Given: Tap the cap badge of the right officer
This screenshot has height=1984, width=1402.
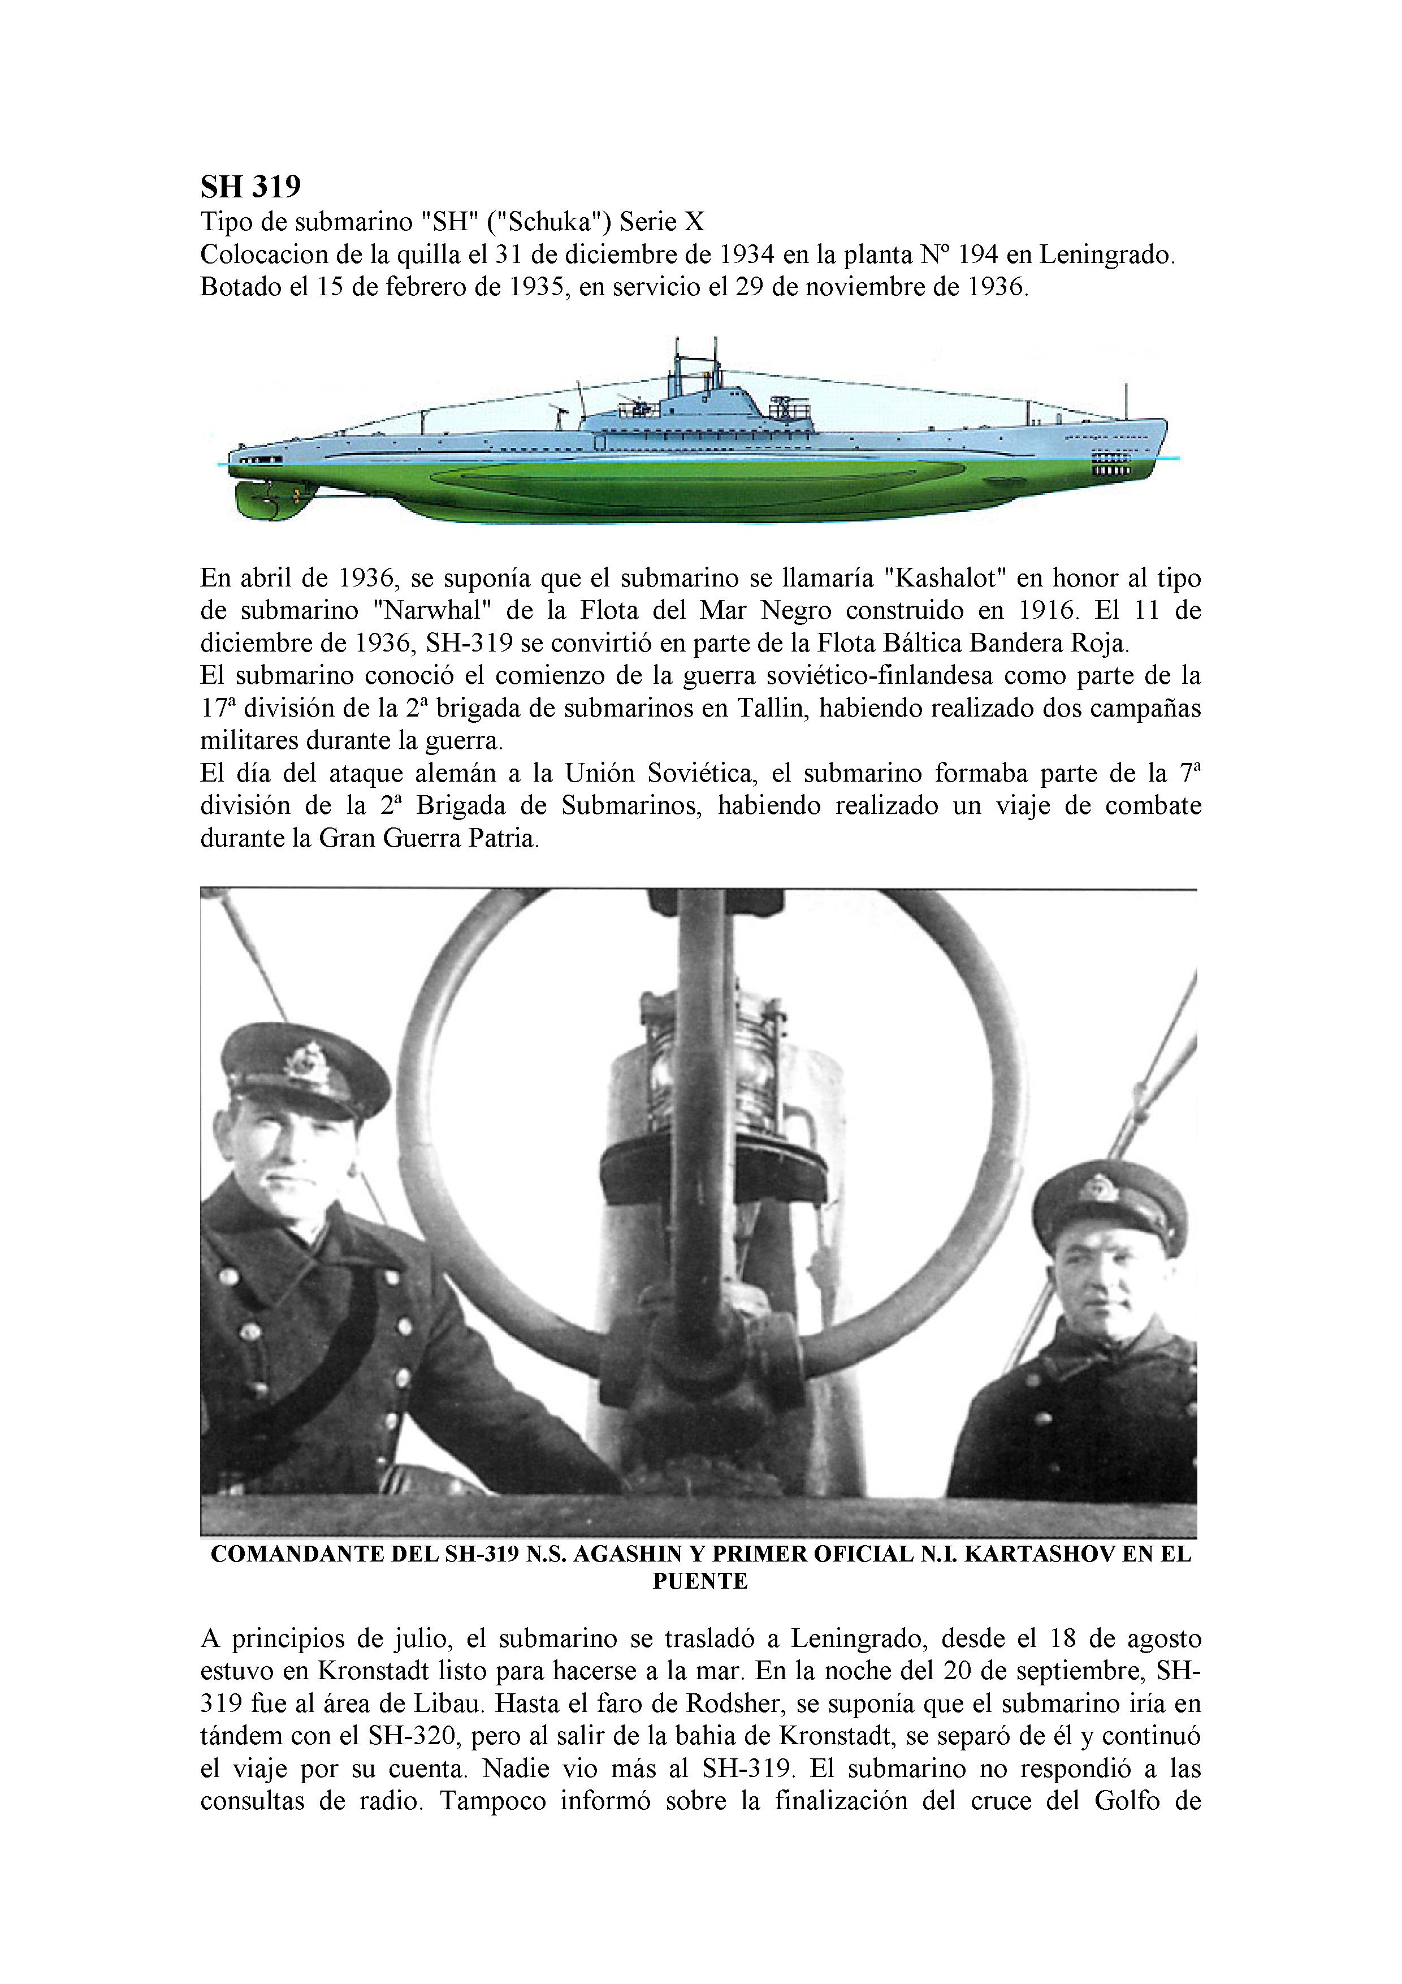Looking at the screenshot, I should point(1105,1185).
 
